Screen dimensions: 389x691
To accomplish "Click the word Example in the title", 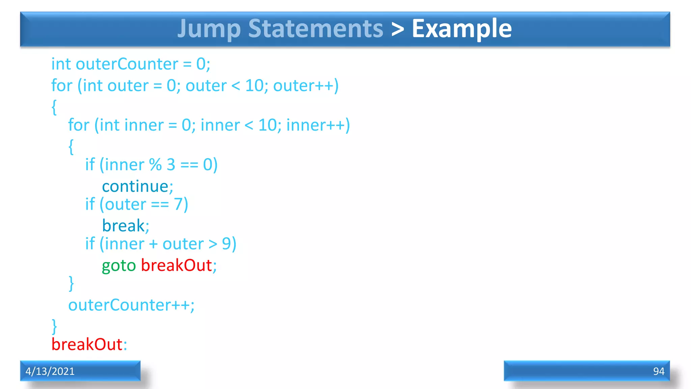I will click(x=462, y=29).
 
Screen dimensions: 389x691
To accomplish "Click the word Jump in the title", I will click(x=209, y=29).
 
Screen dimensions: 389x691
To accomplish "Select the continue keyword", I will click(x=135, y=186).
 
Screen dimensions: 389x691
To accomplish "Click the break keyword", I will click(x=123, y=226).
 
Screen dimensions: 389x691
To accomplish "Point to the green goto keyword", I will click(x=119, y=265).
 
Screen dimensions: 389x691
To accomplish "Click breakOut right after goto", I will click(x=176, y=265).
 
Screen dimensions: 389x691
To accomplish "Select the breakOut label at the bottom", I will click(x=87, y=344).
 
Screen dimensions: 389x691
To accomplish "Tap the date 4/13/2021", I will click(x=50, y=371).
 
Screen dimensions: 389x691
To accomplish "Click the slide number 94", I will click(x=659, y=371).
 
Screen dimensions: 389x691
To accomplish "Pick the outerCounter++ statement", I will click(x=131, y=305).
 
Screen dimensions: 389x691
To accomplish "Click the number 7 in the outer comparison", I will click(x=178, y=204).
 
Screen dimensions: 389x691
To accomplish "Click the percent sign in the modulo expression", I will click(x=156, y=165).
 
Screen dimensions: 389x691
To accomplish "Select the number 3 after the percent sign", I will click(x=171, y=165).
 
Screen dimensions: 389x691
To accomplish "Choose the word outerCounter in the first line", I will click(x=127, y=64).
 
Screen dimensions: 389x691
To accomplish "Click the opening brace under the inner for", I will click(x=71, y=147).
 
